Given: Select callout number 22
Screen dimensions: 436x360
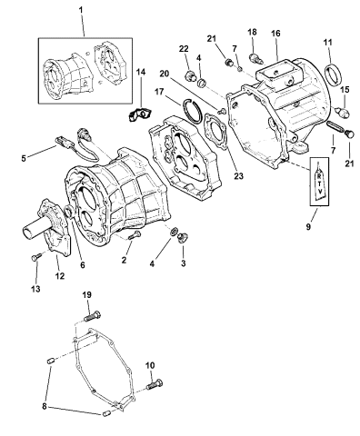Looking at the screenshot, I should tap(183, 48).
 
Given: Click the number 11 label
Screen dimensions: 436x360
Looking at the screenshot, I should tap(328, 42).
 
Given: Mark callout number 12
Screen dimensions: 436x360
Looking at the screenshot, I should tap(58, 275).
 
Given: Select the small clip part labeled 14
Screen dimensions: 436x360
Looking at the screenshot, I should tap(139, 89).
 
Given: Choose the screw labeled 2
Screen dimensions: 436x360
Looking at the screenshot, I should tap(135, 239).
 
